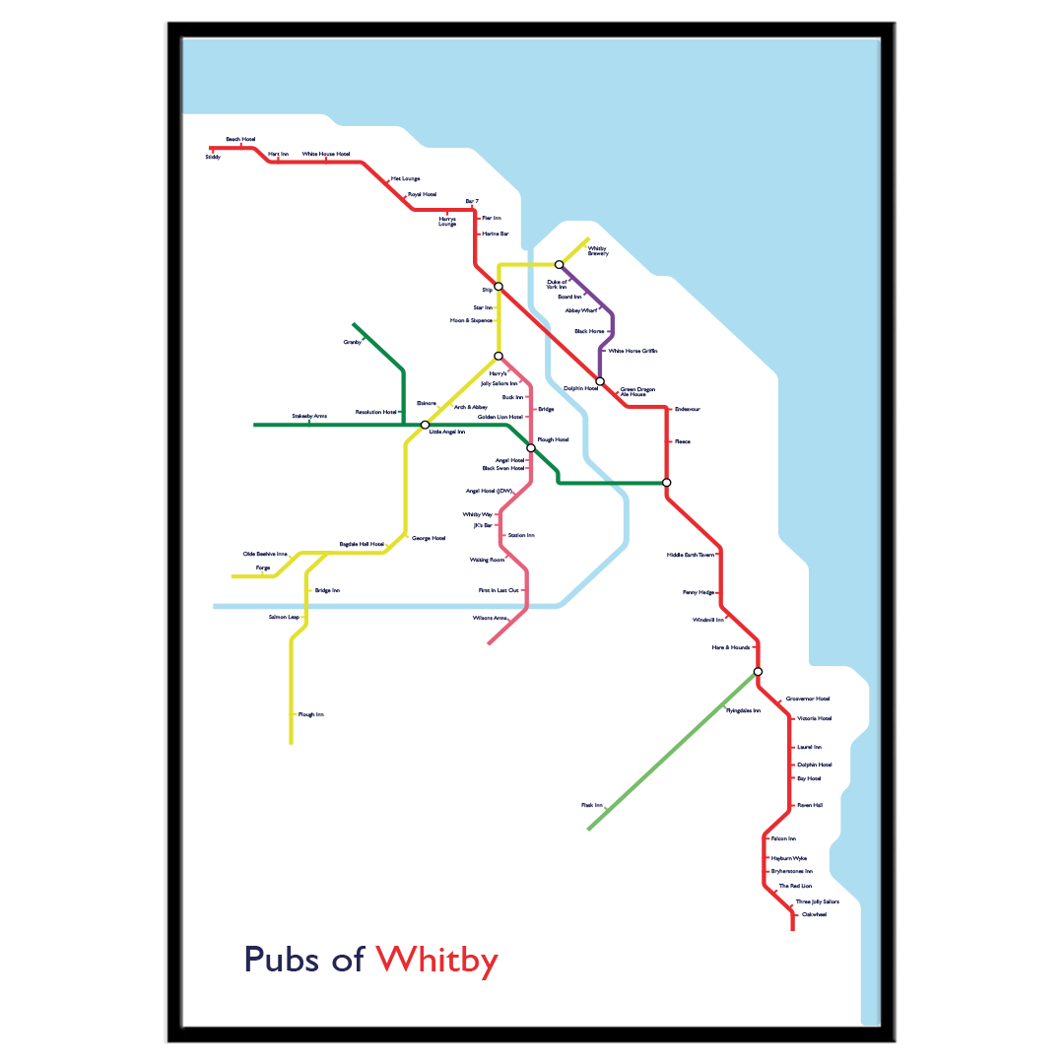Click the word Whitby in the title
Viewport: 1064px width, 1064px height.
point(436,960)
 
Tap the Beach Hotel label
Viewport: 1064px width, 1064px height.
point(240,140)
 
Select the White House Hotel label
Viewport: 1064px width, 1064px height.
point(326,155)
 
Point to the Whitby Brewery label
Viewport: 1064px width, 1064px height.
point(598,251)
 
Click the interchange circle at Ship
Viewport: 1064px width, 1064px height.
point(499,287)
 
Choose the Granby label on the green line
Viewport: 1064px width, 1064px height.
point(352,342)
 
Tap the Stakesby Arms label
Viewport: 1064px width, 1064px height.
point(309,417)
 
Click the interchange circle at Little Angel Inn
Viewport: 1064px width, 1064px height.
point(426,425)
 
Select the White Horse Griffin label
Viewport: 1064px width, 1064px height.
point(632,351)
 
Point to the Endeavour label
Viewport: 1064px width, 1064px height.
point(688,409)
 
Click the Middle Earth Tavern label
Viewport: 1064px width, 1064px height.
point(691,556)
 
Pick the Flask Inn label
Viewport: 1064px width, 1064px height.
point(591,806)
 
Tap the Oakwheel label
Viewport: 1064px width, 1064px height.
point(814,915)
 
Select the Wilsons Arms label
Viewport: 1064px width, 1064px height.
point(490,618)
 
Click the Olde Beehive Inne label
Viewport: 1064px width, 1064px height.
point(265,555)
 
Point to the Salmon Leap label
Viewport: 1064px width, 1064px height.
point(284,617)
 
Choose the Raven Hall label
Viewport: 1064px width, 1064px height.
point(810,806)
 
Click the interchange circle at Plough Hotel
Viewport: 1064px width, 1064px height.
point(531,448)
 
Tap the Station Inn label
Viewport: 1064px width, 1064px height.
point(521,536)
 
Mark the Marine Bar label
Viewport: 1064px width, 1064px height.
point(496,234)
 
